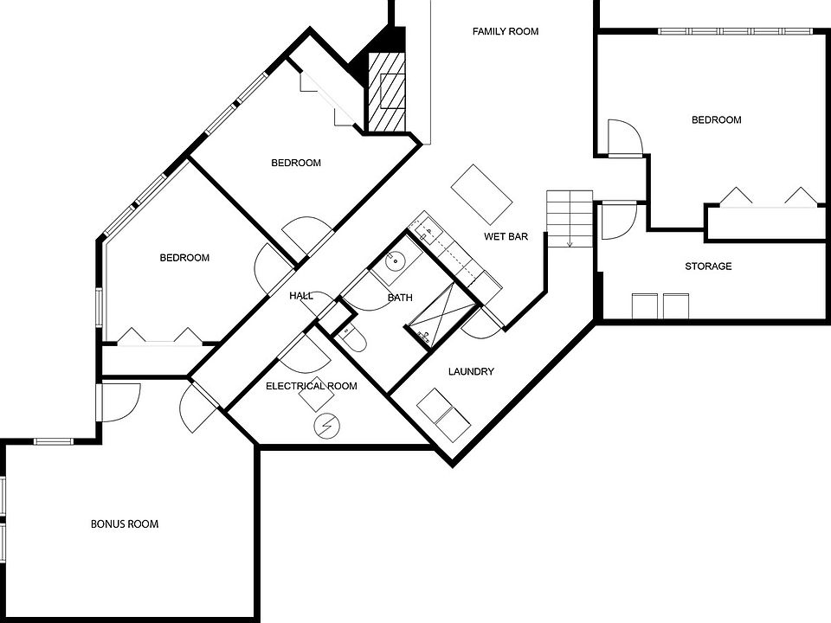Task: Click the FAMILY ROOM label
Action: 506,32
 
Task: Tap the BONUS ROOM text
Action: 125,524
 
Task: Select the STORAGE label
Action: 708,267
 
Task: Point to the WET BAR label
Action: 506,236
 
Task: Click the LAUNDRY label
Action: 471,372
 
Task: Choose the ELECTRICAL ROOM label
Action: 311,386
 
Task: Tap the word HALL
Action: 301,296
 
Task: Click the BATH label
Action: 400,298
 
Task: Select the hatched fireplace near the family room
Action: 387,91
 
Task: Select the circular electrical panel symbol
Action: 326,426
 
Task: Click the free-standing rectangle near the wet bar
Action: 482,193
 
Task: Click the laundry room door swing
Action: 482,323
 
